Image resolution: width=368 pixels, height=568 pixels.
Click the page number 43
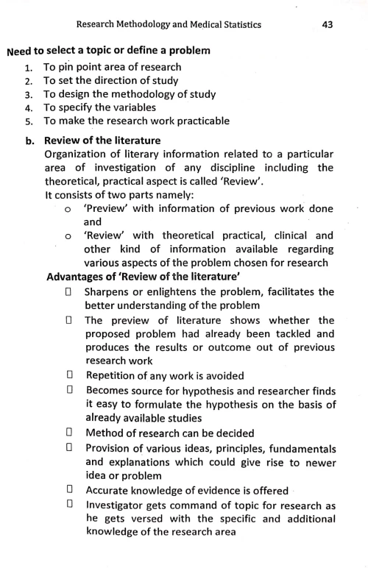[328, 25]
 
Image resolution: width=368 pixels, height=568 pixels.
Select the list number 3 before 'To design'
[29, 94]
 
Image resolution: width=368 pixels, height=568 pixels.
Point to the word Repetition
[116, 375]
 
